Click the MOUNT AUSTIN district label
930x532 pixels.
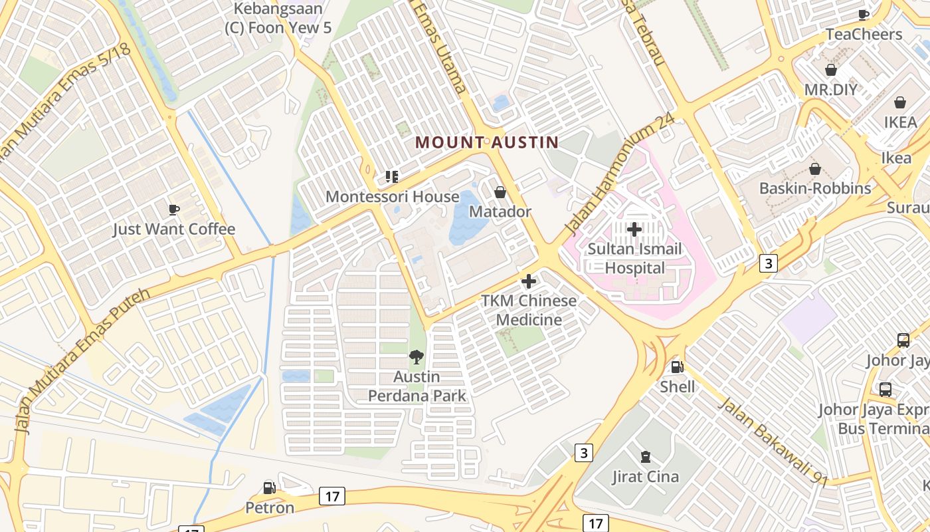tap(486, 142)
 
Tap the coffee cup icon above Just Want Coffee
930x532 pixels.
tap(174, 210)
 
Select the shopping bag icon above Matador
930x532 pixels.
tap(500, 192)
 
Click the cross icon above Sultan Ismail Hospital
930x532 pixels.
tap(634, 229)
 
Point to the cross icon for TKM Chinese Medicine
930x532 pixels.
tap(529, 281)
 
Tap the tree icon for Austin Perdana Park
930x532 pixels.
tap(417, 357)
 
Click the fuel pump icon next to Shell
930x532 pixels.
tap(677, 366)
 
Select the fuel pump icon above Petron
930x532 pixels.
tap(269, 488)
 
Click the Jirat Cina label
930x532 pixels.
tap(645, 477)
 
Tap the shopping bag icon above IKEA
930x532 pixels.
tap(899, 102)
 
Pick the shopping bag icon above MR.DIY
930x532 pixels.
tap(830, 70)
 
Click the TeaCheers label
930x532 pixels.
tap(864, 34)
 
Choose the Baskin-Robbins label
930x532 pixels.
tap(815, 188)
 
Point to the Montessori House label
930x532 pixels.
tap(392, 197)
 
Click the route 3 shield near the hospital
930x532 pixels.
tap(769, 263)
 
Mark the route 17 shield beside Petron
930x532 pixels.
tap(331, 495)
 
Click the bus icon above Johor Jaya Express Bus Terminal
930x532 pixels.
tap(885, 390)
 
